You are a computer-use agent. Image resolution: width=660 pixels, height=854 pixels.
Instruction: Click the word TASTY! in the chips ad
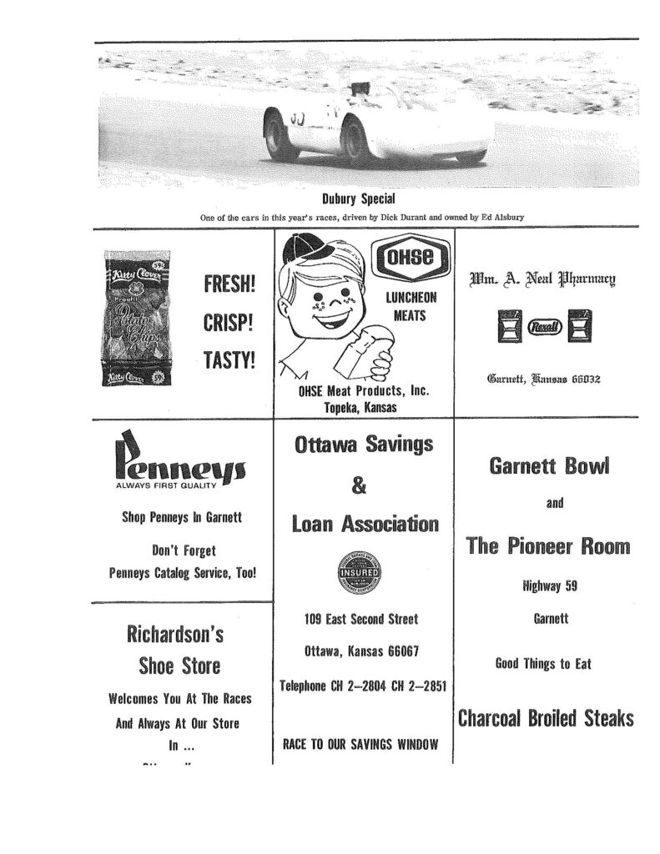click(229, 360)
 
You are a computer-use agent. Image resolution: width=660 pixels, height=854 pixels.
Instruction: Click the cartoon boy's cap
click(321, 253)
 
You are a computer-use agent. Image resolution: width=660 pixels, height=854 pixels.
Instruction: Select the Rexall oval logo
click(536, 329)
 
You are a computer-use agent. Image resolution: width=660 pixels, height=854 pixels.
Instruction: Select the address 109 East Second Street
click(362, 620)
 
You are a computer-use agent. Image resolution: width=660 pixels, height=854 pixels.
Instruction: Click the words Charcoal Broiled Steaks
click(545, 718)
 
